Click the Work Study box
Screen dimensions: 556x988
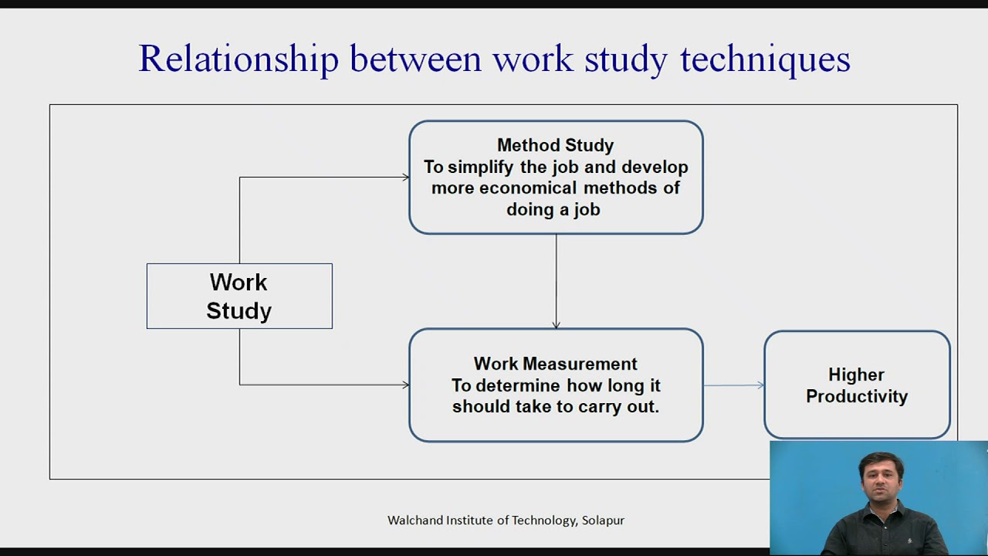click(x=239, y=297)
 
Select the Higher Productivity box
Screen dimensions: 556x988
click(x=857, y=385)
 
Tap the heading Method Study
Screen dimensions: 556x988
click(x=555, y=145)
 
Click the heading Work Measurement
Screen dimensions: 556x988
click(x=555, y=364)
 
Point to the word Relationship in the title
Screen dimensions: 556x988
click(x=238, y=59)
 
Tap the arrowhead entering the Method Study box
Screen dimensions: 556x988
click(x=405, y=178)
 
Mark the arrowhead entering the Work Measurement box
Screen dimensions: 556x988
click(x=405, y=385)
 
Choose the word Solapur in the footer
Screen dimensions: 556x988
click(x=603, y=520)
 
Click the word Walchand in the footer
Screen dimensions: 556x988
click(x=414, y=520)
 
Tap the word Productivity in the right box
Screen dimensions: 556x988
click(x=857, y=396)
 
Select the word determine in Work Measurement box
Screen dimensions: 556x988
click(x=518, y=385)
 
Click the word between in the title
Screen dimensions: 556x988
click(x=415, y=59)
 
